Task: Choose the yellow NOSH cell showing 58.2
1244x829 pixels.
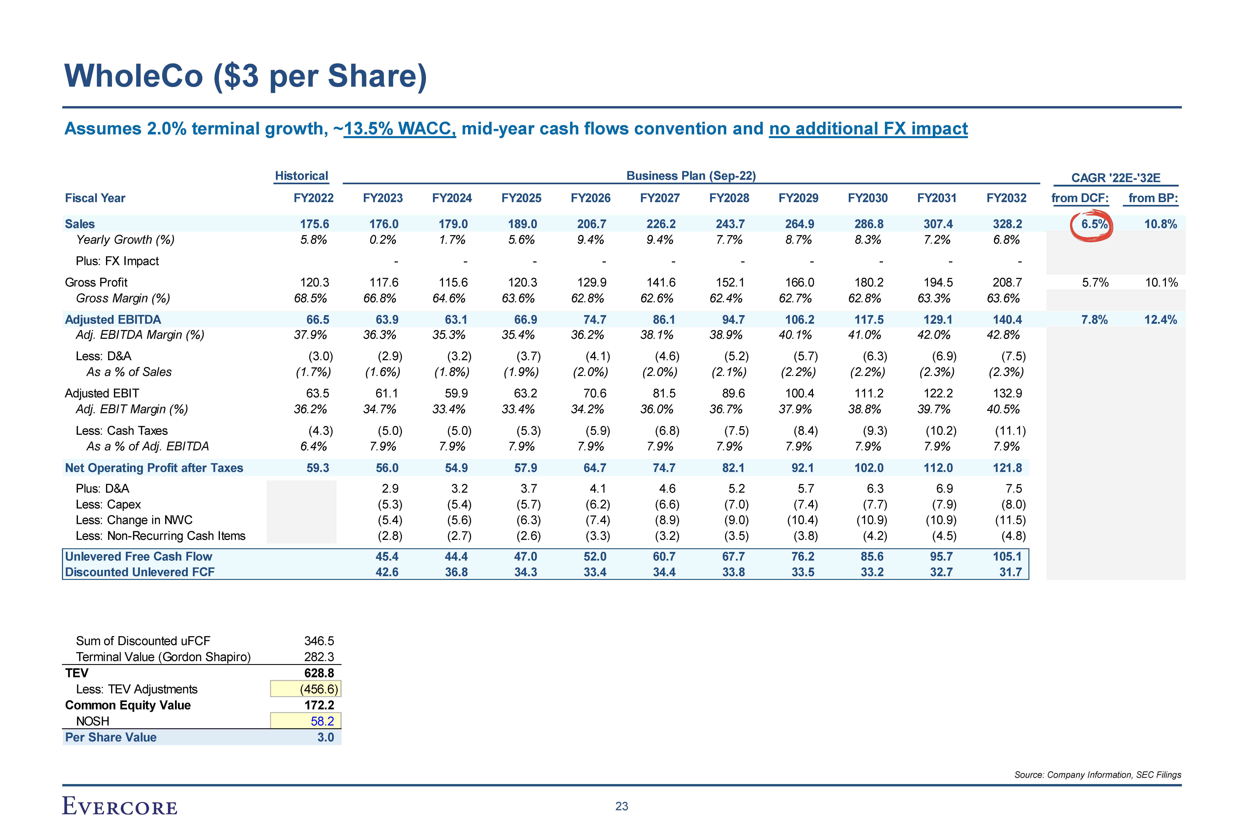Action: pyautogui.click(x=306, y=721)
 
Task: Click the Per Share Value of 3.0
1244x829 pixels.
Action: pyautogui.click(x=325, y=738)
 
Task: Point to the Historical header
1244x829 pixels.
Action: pyautogui.click(x=302, y=176)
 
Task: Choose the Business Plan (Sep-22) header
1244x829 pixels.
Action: pyautogui.click(x=691, y=176)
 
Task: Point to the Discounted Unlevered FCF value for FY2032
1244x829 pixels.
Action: pyautogui.click(x=1010, y=573)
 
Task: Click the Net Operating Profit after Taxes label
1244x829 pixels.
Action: pyautogui.click(x=154, y=468)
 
